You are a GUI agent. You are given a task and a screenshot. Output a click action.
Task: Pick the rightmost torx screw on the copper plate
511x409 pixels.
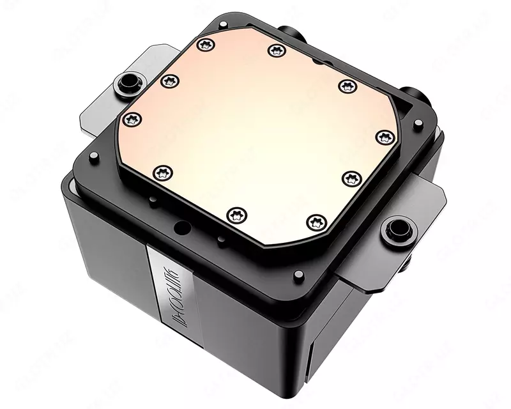385,137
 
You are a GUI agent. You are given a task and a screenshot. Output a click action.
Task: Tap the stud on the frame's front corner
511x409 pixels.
298,275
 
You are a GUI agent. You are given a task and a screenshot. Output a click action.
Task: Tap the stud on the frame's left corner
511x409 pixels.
94,156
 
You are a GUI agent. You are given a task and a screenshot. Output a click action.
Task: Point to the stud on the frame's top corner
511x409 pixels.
223,24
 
